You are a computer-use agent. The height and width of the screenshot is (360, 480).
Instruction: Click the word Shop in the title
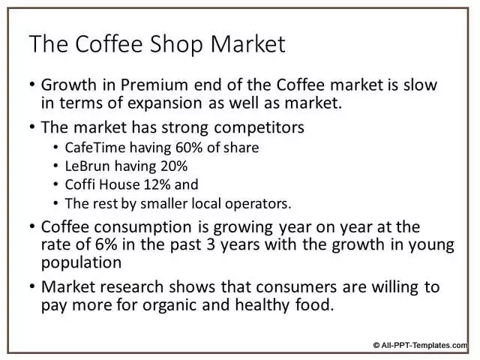click(x=176, y=44)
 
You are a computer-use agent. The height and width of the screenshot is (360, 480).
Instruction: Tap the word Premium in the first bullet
click(x=154, y=85)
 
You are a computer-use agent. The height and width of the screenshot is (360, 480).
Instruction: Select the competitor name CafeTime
click(x=95, y=148)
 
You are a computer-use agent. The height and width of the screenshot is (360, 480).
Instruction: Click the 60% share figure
click(x=189, y=148)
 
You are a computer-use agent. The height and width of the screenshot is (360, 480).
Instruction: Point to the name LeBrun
click(x=87, y=166)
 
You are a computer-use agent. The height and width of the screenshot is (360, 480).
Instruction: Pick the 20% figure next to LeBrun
click(x=174, y=166)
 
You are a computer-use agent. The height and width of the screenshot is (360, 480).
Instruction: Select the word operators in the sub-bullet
click(x=258, y=204)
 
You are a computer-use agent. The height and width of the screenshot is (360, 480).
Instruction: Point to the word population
click(x=82, y=263)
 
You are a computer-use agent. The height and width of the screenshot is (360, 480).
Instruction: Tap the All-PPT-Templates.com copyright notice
click(x=421, y=345)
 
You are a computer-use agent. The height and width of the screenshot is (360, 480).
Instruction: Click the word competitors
click(x=259, y=127)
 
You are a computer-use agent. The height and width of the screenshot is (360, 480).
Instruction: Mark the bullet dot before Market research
click(x=32, y=286)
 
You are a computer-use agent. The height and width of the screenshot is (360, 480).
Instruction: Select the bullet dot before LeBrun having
click(x=55, y=166)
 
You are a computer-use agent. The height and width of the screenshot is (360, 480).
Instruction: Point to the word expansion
click(x=164, y=103)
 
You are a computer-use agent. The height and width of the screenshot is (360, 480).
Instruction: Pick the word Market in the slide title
click(x=248, y=44)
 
